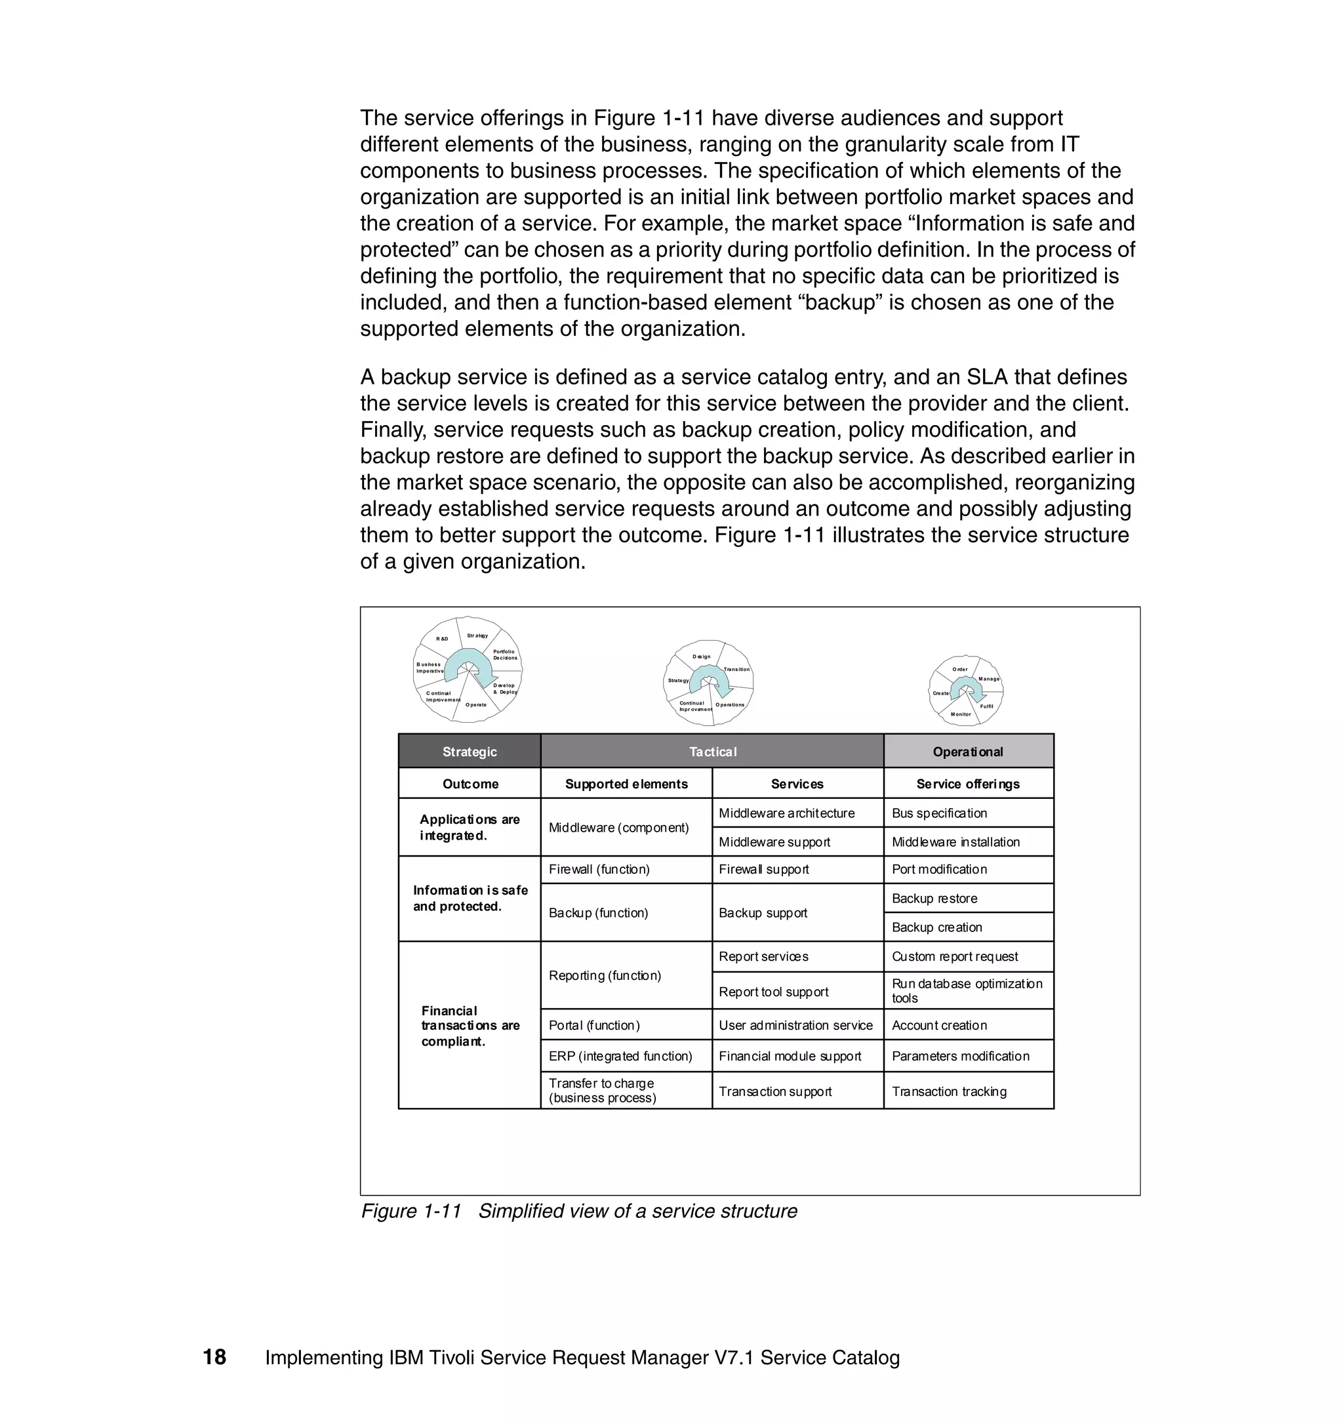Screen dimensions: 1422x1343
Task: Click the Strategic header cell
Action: pyautogui.click(x=469, y=751)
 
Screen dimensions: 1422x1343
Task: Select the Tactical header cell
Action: pyautogui.click(x=712, y=751)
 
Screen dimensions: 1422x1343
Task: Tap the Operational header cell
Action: pyautogui.click(x=968, y=751)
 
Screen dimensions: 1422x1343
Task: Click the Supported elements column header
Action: pyautogui.click(x=626, y=783)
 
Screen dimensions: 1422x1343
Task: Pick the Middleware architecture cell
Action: pyautogui.click(x=787, y=813)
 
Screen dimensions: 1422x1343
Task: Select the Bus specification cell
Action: pyautogui.click(x=939, y=813)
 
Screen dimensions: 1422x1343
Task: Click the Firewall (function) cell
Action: pyautogui.click(x=599, y=869)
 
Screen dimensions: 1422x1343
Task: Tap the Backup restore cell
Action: pyautogui.click(x=934, y=898)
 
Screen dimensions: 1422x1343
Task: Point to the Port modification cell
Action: pyautogui.click(x=939, y=869)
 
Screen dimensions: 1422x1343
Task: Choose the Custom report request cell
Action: pyautogui.click(x=955, y=956)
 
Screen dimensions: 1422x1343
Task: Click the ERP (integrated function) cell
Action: pyautogui.click(x=620, y=1055)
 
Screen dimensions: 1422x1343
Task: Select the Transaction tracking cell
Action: pyautogui.click(x=950, y=1091)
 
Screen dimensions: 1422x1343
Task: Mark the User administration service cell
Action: pyautogui.click(x=796, y=1025)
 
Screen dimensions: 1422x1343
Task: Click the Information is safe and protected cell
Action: pyautogui.click(x=470, y=898)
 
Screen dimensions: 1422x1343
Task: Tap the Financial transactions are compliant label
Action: pyautogui.click(x=470, y=1025)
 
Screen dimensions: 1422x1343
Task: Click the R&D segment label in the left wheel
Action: pyautogui.click(x=443, y=639)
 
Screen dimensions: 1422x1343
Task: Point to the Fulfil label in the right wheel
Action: pyautogui.click(x=986, y=706)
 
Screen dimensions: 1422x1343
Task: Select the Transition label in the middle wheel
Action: pyautogui.click(x=736, y=670)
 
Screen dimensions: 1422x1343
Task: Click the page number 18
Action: pyautogui.click(x=214, y=1357)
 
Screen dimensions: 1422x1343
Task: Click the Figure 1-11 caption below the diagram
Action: pyautogui.click(x=578, y=1211)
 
